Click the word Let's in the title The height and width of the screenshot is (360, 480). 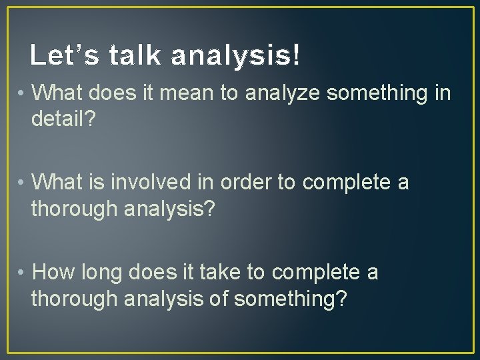(x=61, y=56)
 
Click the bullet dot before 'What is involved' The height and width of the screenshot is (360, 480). (x=22, y=182)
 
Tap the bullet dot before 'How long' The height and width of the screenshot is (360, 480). (x=22, y=273)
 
